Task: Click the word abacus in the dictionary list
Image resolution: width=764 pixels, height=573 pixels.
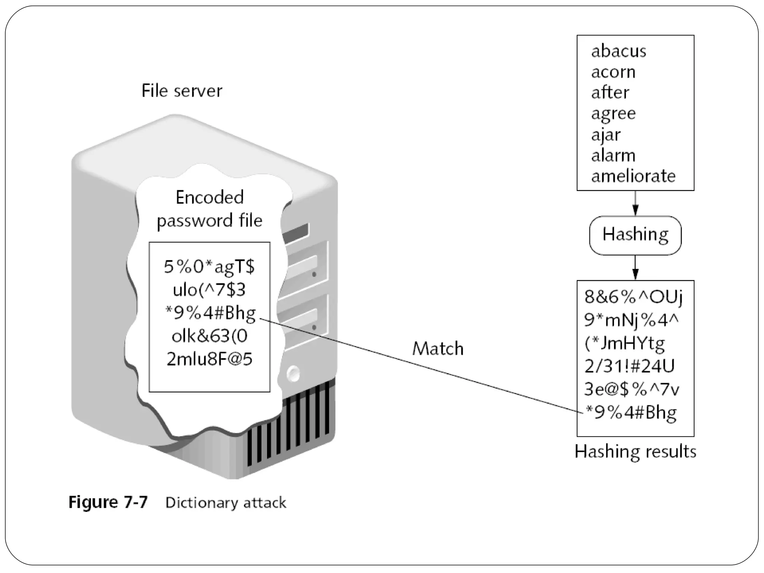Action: (x=619, y=51)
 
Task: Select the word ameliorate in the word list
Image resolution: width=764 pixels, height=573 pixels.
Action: (x=633, y=176)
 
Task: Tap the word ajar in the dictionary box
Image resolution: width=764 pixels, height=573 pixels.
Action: (x=606, y=135)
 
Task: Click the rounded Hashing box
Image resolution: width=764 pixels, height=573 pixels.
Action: (x=635, y=235)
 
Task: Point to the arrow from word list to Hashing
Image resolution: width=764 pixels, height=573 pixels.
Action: (x=635, y=203)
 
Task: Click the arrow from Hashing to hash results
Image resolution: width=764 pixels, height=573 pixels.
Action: (x=635, y=267)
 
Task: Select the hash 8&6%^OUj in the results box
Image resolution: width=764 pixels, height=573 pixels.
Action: (x=633, y=297)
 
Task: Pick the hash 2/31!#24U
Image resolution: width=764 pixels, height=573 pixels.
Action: (x=630, y=366)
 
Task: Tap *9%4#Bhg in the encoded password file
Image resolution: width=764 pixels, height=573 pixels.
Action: (x=210, y=313)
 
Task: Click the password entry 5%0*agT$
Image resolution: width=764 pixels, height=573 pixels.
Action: (x=209, y=267)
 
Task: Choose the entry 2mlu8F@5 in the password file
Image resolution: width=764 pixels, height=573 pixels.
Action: (x=209, y=359)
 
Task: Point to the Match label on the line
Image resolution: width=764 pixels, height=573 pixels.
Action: (x=438, y=349)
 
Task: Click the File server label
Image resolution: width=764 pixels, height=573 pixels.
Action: (x=182, y=91)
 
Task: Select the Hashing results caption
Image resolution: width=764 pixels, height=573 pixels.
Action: (x=635, y=451)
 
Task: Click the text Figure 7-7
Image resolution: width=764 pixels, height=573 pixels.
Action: (x=108, y=502)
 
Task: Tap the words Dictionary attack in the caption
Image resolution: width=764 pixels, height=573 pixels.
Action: (x=226, y=502)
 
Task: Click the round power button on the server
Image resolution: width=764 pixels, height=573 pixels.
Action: (x=294, y=373)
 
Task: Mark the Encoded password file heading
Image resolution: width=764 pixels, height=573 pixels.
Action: (x=209, y=209)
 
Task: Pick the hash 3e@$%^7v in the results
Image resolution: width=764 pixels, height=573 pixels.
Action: (x=632, y=389)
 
